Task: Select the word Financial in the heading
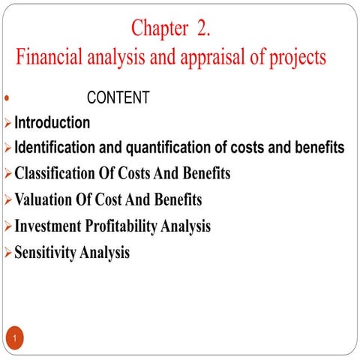[x=51, y=58]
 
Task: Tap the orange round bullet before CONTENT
[x=7, y=98]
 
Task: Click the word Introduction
[x=52, y=122]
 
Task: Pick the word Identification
[x=56, y=148]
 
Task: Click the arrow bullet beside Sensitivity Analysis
[x=7, y=253]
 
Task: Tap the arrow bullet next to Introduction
[x=7, y=123]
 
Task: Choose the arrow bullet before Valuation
[x=7, y=201]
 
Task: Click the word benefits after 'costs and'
[x=316, y=148]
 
